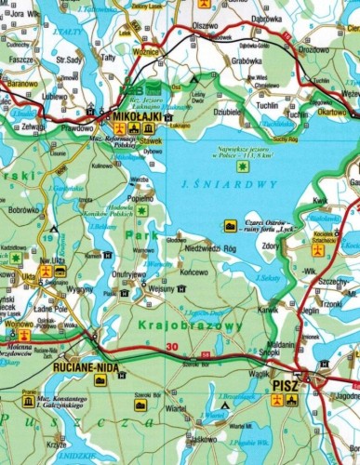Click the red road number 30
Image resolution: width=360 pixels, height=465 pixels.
tap(170, 348)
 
